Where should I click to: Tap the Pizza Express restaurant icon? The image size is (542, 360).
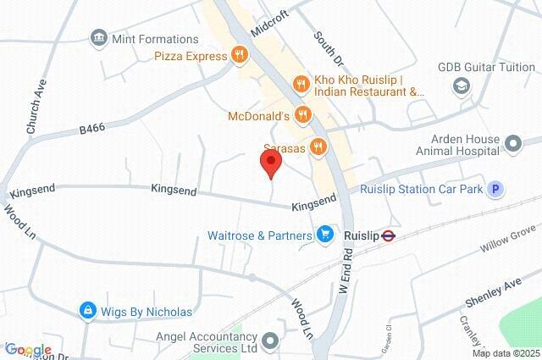coord(241,56)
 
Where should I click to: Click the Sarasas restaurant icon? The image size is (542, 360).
coord(318,147)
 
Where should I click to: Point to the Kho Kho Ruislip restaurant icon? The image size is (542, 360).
coord(298,83)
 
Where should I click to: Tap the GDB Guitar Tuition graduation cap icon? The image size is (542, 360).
coord(462,85)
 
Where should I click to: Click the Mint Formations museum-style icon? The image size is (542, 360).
coord(99,38)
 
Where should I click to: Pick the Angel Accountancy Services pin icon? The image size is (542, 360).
coord(270,341)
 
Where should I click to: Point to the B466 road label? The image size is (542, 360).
coord(92,129)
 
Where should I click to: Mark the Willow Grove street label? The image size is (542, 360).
coord(507,240)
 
